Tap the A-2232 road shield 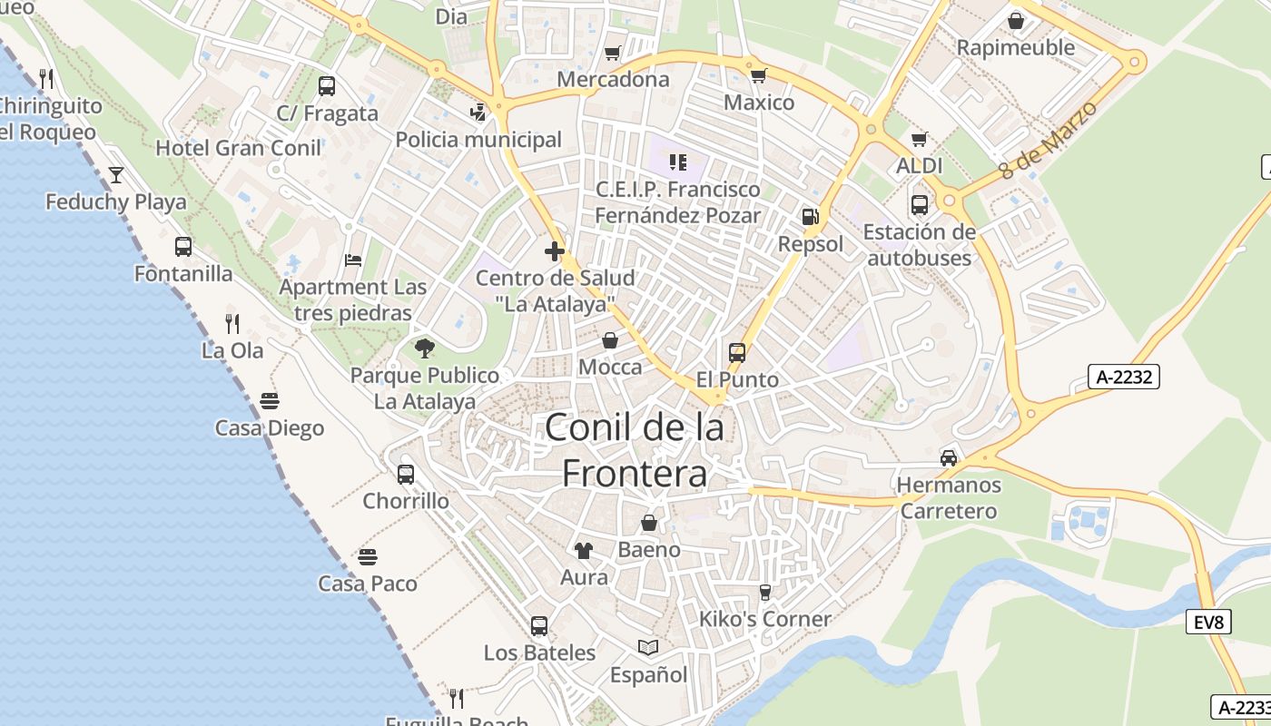pos(1124,376)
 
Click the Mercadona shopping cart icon pos(613,53)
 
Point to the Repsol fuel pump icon pos(810,217)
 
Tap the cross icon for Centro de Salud pos(555,251)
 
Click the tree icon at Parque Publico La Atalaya pos(424,348)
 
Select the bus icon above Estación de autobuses pos(919,204)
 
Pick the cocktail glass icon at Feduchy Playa pos(116,174)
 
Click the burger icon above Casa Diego pos(270,400)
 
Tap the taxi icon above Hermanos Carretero pos(949,457)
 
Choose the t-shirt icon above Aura pos(584,550)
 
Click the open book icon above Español pos(648,647)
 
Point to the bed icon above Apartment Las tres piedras pos(353,260)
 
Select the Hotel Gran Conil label pos(238,148)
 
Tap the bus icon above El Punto pos(737,352)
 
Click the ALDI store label pos(919,166)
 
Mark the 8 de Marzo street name pos(1048,139)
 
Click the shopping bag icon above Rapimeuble pos(1016,20)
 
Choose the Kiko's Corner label pos(764,619)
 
